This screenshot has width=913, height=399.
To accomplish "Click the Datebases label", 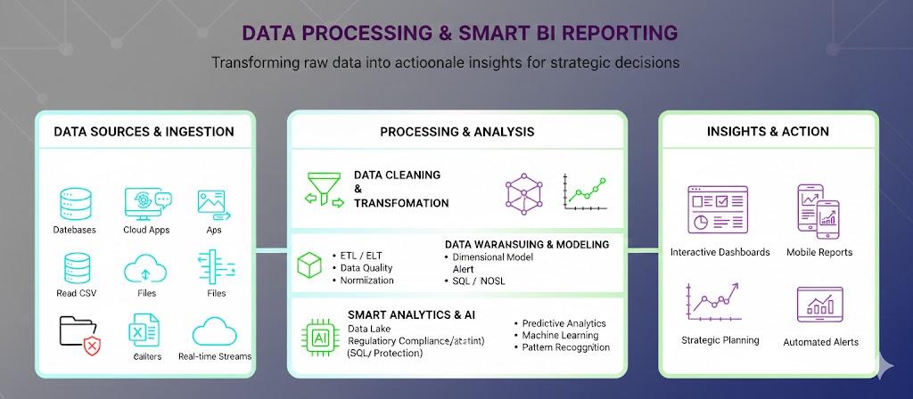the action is click(75, 230).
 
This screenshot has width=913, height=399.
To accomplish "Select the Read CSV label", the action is click(77, 293).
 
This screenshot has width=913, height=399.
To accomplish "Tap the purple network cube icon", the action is click(524, 193).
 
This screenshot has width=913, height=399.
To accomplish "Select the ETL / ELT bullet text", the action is click(357, 256).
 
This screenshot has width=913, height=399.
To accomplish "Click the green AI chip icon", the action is click(320, 338).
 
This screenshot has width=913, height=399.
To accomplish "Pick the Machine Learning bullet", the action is click(556, 335).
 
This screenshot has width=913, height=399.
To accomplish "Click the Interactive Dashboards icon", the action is click(718, 209).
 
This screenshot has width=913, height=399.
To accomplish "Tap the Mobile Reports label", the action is click(819, 252).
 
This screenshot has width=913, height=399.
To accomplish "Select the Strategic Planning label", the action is click(720, 340).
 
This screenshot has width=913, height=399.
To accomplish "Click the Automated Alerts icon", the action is click(820, 305).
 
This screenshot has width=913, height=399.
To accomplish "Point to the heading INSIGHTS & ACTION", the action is click(768, 132).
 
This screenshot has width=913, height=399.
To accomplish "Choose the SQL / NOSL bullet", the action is click(474, 281).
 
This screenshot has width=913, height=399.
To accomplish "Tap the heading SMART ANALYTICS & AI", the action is click(411, 315).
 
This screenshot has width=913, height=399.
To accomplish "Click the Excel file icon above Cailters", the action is click(144, 330).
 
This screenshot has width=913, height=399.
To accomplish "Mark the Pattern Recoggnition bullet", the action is click(562, 347).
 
